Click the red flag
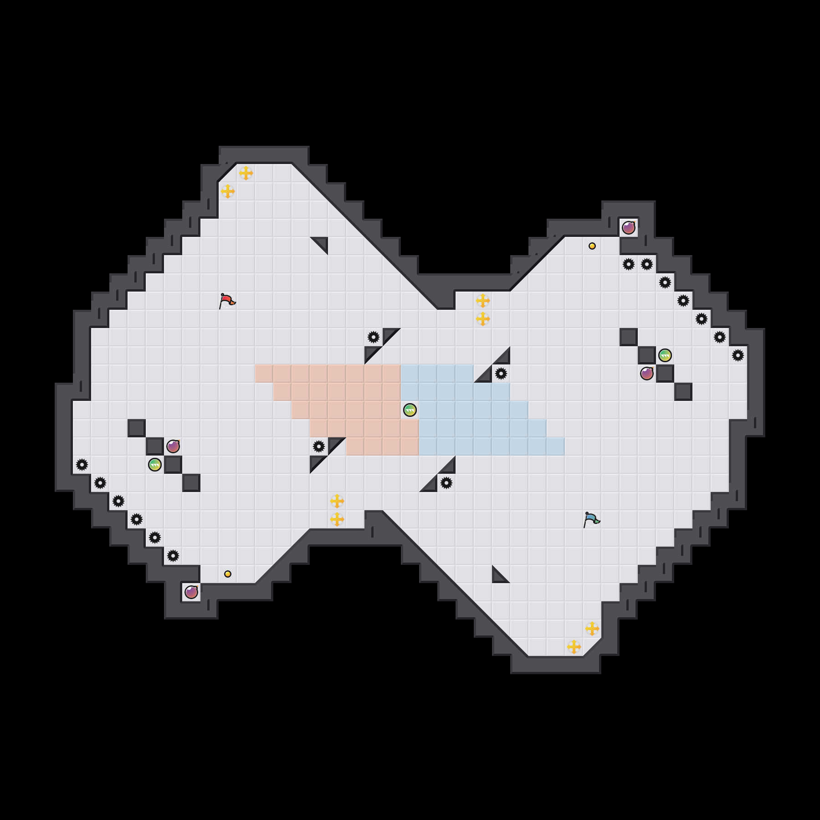click(x=226, y=301)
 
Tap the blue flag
click(x=591, y=519)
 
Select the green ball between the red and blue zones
click(x=410, y=410)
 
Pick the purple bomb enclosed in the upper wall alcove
click(x=629, y=228)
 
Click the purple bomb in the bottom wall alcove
click(x=191, y=592)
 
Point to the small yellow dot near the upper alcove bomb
click(x=592, y=246)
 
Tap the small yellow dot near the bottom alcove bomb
click(x=228, y=574)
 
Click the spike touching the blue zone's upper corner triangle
click(x=501, y=374)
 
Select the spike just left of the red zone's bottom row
click(x=319, y=446)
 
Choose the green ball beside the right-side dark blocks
click(x=665, y=355)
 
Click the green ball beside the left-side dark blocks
click(x=155, y=465)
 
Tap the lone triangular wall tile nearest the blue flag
click(x=499, y=576)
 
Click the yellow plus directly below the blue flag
click(x=592, y=629)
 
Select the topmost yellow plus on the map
click(x=246, y=173)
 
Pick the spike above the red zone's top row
click(x=374, y=337)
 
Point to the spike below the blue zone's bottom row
click(x=446, y=483)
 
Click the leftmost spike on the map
click(x=82, y=465)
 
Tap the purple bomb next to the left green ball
click(x=173, y=446)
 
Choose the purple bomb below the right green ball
click(x=647, y=374)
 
